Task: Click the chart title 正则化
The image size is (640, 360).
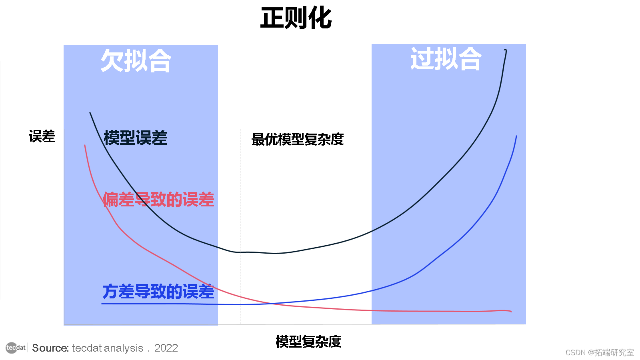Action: point(296,18)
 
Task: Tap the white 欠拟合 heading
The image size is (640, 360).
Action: point(136,61)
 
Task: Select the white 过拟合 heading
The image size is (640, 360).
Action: point(446,59)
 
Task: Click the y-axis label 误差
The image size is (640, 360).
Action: point(42,137)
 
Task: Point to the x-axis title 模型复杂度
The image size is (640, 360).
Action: point(308,342)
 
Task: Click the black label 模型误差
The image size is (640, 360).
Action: point(135,138)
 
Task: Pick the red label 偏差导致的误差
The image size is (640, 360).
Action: point(158,200)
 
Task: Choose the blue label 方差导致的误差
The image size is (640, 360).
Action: point(158,292)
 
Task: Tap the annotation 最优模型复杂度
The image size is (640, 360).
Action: point(297,139)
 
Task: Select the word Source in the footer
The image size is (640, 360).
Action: point(50,348)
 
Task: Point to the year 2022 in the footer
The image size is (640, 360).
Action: point(166,348)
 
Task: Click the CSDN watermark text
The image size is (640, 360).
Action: point(600,352)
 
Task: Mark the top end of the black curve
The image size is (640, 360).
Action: point(506,50)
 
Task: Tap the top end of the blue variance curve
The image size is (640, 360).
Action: point(516,136)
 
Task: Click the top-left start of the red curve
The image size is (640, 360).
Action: point(85,145)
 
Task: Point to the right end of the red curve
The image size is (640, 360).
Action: point(511,311)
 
